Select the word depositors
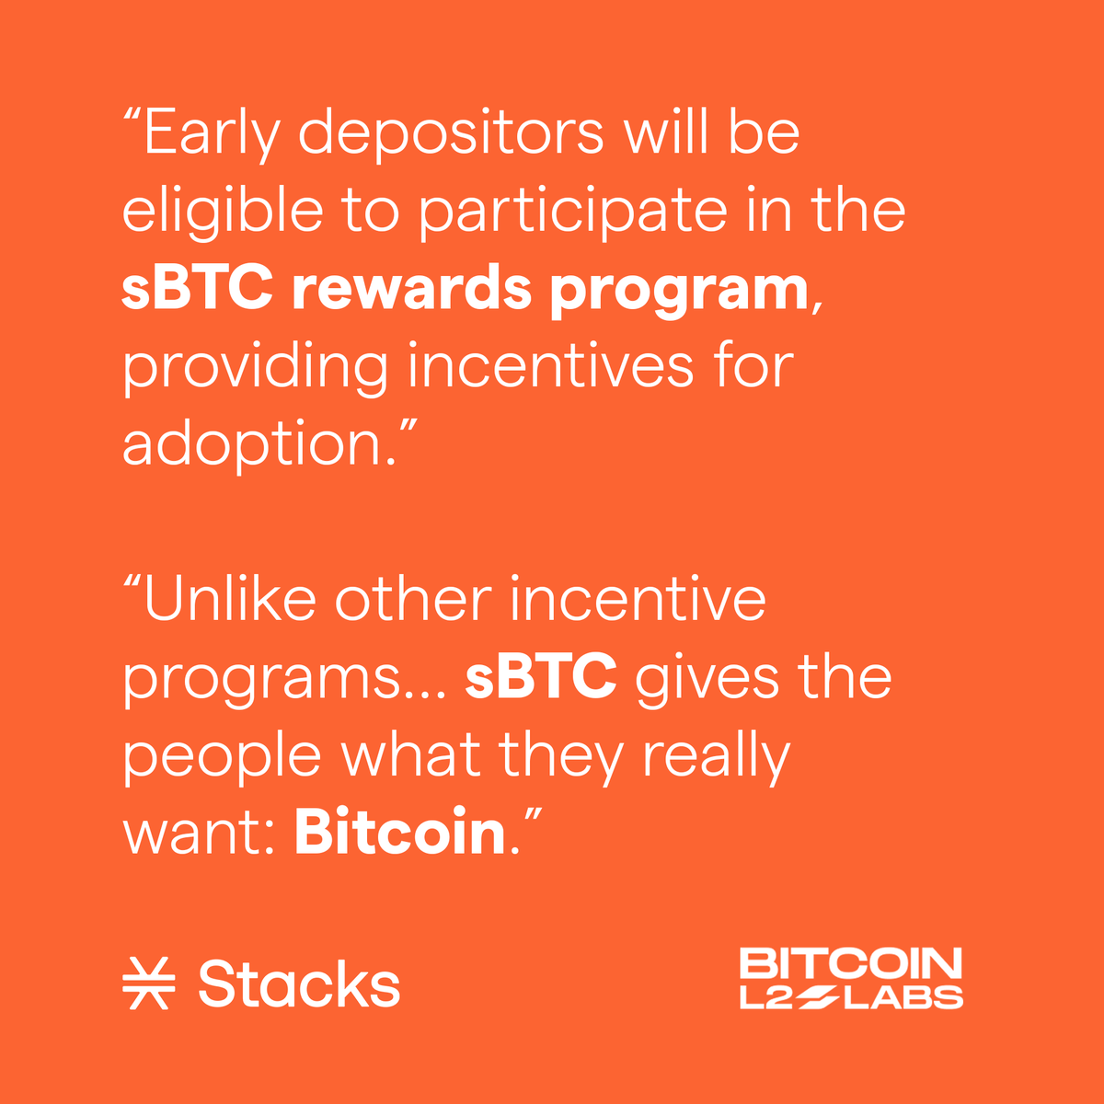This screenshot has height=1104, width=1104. point(451,134)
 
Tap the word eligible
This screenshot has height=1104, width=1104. point(222,212)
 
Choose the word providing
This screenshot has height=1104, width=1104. point(255,367)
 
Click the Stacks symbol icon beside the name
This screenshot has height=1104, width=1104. point(148,984)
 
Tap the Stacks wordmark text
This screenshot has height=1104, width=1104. point(299,984)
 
